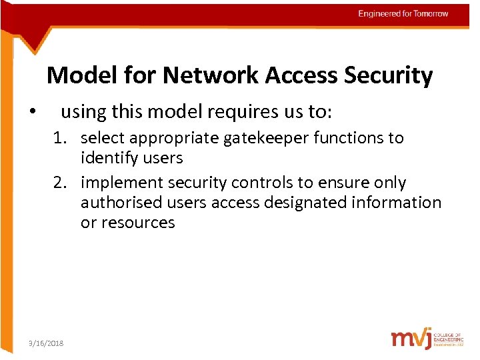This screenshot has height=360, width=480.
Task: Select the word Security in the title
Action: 389,75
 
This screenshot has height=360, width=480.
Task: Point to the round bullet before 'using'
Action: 33,113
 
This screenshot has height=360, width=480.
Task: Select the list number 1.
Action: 61,138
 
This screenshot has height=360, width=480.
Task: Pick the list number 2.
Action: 61,183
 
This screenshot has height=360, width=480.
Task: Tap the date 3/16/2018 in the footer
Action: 46,343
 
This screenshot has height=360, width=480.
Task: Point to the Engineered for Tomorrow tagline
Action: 403,14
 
